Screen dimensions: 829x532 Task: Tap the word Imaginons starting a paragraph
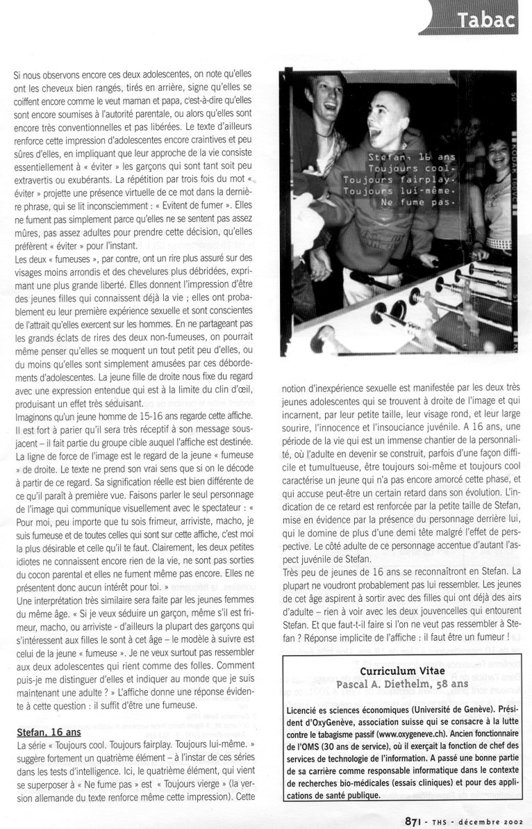[37, 416]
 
